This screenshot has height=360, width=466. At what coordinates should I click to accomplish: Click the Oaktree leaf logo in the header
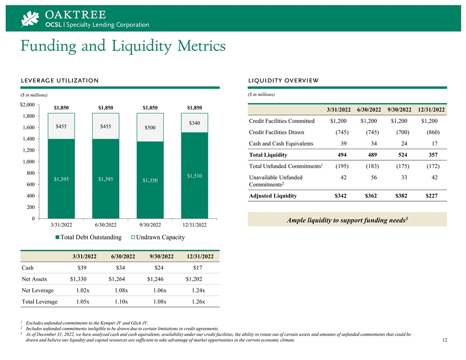coord(31,19)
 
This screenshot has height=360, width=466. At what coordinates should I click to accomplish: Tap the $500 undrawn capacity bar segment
coord(150,127)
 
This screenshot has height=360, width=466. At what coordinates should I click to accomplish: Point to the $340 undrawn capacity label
coord(195,123)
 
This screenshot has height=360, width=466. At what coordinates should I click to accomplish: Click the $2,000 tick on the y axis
coord(27,105)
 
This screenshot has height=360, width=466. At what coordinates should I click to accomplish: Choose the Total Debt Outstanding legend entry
coord(88,237)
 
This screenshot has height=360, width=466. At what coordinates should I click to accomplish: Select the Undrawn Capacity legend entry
coord(159,237)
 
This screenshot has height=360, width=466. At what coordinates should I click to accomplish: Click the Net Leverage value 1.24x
coord(199,290)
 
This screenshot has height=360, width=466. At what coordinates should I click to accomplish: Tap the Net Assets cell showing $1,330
coord(78,279)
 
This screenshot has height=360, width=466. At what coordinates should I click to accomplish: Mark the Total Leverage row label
coord(39,302)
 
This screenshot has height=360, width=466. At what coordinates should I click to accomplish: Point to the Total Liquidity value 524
coord(402,155)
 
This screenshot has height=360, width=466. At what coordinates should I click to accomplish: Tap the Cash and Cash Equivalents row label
coord(281,143)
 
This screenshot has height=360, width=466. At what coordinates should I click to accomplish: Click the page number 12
coord(444,341)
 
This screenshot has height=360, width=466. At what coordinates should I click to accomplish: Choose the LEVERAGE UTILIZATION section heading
coord(60,80)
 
